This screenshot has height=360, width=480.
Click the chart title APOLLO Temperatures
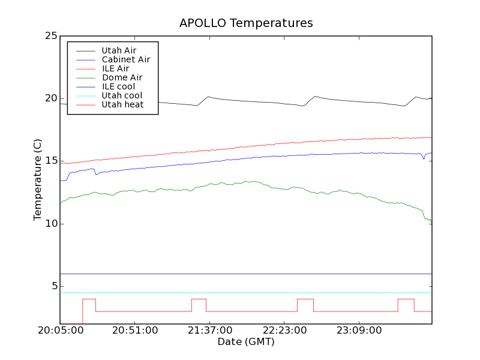[x=246, y=23]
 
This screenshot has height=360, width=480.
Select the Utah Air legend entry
[x=119, y=50]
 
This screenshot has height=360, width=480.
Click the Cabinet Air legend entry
[x=125, y=59]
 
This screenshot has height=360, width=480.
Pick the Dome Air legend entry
[x=122, y=77]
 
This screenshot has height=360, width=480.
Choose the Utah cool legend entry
[x=122, y=95]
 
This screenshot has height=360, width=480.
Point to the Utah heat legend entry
[x=122, y=104]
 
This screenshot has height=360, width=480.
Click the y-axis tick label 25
[x=50, y=36]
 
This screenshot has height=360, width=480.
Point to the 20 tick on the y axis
[x=50, y=98]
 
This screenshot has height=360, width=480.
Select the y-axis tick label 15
[x=50, y=161]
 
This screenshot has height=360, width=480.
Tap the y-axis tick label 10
[x=50, y=224]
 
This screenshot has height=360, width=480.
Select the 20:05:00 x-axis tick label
[x=60, y=331]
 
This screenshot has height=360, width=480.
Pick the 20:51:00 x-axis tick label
[x=135, y=331]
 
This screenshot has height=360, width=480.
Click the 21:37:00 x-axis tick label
[x=210, y=331]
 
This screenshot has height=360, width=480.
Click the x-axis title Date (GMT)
[x=246, y=342]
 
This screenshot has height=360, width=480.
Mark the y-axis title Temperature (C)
[x=38, y=180]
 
